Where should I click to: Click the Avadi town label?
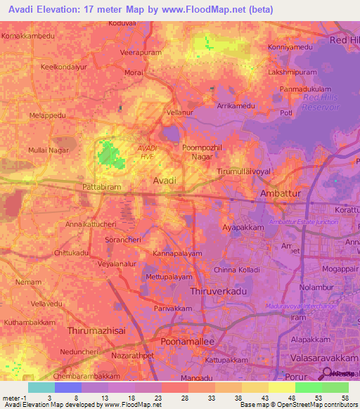(165, 181)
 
